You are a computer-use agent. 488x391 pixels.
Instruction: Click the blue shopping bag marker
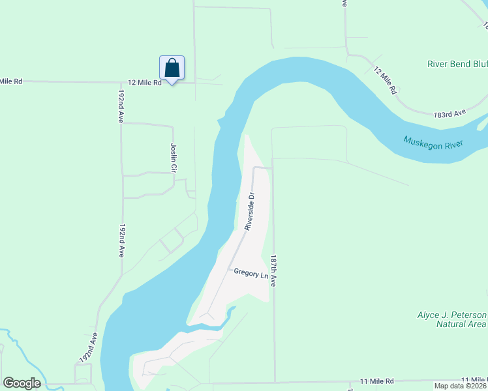click(x=172, y=68)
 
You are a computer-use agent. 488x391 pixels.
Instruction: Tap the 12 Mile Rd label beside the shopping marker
click(x=144, y=83)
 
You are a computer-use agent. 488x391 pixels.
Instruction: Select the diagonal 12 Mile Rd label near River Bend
click(x=386, y=81)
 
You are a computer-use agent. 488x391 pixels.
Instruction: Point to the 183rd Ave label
click(x=450, y=113)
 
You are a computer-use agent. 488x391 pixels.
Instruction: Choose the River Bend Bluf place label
click(x=457, y=64)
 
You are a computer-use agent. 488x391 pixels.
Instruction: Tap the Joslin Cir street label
click(x=174, y=158)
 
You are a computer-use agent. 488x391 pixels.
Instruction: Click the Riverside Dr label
click(x=249, y=210)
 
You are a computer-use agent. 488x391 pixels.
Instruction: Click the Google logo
click(x=22, y=383)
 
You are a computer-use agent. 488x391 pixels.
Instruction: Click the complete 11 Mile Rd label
click(x=377, y=380)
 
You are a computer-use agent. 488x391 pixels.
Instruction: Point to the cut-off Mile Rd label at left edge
click(x=11, y=81)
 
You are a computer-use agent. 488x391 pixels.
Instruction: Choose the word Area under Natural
click(x=474, y=324)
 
